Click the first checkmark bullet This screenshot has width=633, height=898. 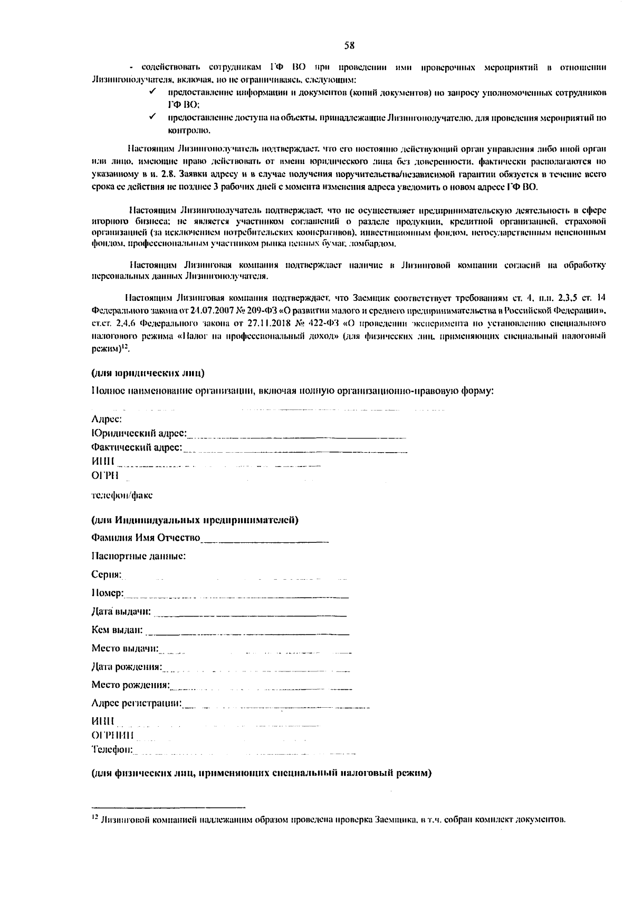pos(152,92)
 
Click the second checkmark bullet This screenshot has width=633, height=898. pos(152,117)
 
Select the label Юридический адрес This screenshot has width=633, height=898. pos(139,433)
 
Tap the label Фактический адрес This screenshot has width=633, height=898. pos(136,447)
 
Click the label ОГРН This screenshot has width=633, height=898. pos(104,475)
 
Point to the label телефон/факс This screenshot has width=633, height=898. pos(122,495)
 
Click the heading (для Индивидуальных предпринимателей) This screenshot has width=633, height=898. pos(195,520)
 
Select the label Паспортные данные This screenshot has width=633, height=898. pos(138,556)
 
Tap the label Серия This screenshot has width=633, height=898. pos(106,574)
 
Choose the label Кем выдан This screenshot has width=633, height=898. pos(117,630)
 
